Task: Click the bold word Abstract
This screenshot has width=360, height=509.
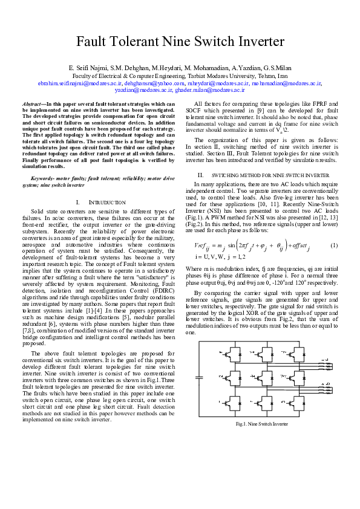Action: [x=41, y=105]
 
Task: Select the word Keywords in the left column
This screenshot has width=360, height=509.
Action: [x=43, y=177]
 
